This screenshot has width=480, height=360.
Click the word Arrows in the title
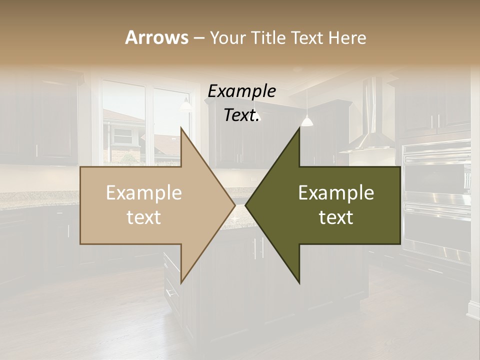[x=156, y=37]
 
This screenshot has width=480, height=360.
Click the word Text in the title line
[x=307, y=38]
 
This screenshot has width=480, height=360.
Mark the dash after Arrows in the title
[x=198, y=38]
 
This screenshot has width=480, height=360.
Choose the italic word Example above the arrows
[x=242, y=91]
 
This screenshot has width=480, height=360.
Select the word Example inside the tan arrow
[x=144, y=193]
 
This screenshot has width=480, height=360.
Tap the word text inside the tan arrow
[x=144, y=217]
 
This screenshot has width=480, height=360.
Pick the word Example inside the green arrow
[x=336, y=193]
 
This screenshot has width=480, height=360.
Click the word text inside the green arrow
[x=336, y=217]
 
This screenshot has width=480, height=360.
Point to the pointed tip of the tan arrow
[x=234, y=205]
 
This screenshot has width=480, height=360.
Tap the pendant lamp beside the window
[x=186, y=105]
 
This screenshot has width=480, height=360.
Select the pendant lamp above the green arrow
[x=307, y=120]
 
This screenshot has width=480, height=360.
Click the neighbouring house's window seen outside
[x=122, y=134]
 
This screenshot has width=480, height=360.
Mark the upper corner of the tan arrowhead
[x=181, y=128]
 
